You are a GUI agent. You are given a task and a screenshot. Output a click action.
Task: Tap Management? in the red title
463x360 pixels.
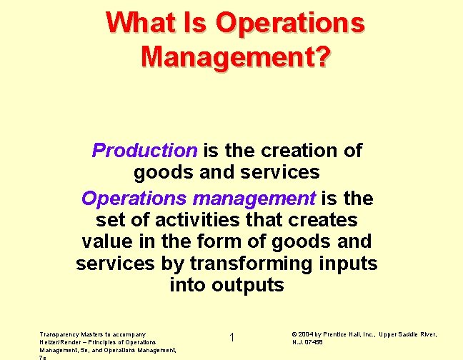(235, 55)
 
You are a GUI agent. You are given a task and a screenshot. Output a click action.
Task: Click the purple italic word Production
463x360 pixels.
(144, 151)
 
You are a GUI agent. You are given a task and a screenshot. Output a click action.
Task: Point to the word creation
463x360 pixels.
(295, 151)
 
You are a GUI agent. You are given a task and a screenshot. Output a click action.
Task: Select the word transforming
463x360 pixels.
(251, 264)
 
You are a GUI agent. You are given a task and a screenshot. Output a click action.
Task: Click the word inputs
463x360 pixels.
(347, 264)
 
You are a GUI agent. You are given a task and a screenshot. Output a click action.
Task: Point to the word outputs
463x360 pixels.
(247, 286)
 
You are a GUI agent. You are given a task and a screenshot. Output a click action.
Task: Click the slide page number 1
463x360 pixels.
(232, 337)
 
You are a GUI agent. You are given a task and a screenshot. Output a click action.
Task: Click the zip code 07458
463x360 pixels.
(314, 342)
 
